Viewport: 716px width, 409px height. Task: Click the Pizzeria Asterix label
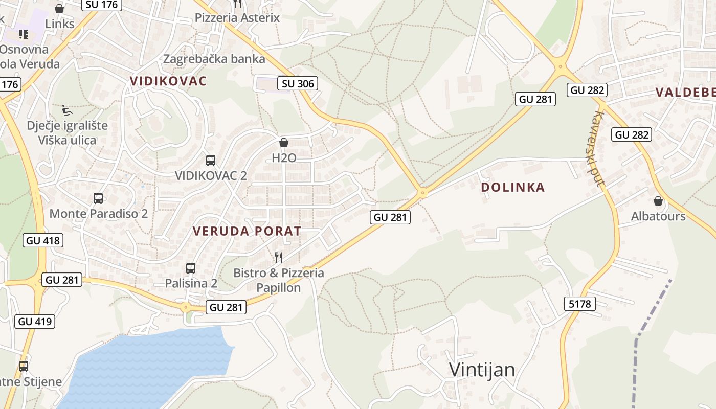pos(237,18)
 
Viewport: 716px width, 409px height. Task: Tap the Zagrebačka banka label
pos(214,59)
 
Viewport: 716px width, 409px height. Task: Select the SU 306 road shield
pos(298,83)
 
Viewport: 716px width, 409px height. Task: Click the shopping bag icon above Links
pos(59,9)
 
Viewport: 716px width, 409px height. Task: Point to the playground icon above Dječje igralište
pos(67,110)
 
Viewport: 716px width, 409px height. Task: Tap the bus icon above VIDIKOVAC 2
pos(211,160)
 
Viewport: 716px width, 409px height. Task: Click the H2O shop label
pos(284,157)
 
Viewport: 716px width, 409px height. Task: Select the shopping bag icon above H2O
pos(284,143)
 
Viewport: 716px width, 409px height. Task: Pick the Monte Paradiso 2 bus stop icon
pos(98,198)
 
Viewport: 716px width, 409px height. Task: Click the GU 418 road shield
pos(43,240)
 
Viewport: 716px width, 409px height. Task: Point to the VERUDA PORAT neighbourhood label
pos(247,231)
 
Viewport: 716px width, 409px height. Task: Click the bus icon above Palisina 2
pos(191,268)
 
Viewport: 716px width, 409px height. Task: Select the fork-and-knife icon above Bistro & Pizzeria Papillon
pos(279,257)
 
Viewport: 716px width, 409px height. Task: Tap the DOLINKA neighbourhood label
pos(513,188)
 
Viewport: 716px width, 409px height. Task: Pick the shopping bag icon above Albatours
pos(658,201)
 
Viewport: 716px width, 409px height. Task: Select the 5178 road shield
pos(579,304)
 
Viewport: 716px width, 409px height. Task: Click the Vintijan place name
pos(482,370)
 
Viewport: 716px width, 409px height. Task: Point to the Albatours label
pos(658,216)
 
